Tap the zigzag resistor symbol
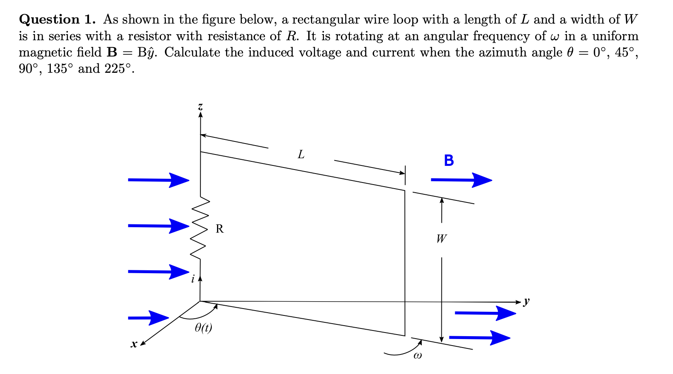click(200, 228)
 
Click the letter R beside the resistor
click(219, 229)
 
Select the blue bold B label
click(449, 161)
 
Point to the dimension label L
click(301, 154)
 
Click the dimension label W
click(441, 239)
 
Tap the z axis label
click(200, 107)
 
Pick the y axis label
click(527, 301)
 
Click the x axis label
click(133, 345)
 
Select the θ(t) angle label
click(203, 328)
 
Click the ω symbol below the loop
click(417, 357)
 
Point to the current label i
click(193, 278)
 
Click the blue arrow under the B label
click(461, 180)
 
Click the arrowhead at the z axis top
click(200, 115)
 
